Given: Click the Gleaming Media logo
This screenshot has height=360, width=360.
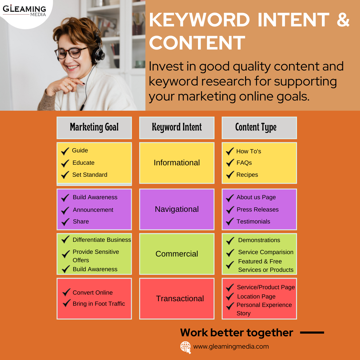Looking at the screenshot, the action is pyautogui.click(x=24, y=10).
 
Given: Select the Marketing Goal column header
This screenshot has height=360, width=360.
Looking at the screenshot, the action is pyautogui.click(x=94, y=128).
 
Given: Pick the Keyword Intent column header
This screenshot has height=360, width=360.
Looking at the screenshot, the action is pyautogui.click(x=177, y=128).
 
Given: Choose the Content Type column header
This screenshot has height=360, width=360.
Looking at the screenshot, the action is pyautogui.click(x=259, y=128).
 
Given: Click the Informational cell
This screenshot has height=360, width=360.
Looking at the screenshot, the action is pyautogui.click(x=177, y=163).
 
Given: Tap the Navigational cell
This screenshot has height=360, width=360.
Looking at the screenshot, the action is pyautogui.click(x=177, y=209).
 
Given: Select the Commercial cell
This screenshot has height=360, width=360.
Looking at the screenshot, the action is pyautogui.click(x=177, y=254).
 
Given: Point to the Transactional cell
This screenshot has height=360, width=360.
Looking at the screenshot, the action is pyautogui.click(x=177, y=298).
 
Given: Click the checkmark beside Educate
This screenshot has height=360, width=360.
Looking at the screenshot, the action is pyautogui.click(x=65, y=163).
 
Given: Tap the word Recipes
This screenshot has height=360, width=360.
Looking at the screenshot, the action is pyautogui.click(x=247, y=175).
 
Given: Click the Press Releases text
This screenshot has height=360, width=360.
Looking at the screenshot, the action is pyautogui.click(x=258, y=209).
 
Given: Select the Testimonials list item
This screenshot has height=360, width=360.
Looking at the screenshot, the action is pyautogui.click(x=253, y=221).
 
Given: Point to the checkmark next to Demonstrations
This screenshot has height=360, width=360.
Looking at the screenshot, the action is pyautogui.click(x=230, y=241).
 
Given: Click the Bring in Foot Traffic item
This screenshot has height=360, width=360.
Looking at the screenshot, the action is pyautogui.click(x=99, y=304).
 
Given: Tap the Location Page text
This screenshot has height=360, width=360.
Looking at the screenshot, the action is pyautogui.click(x=256, y=296).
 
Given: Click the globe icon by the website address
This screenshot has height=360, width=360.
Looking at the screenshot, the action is pyautogui.click(x=185, y=347).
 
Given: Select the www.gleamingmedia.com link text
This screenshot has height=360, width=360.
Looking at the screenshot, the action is pyautogui.click(x=231, y=347).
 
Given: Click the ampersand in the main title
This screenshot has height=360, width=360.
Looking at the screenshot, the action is pyautogui.click(x=343, y=19).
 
